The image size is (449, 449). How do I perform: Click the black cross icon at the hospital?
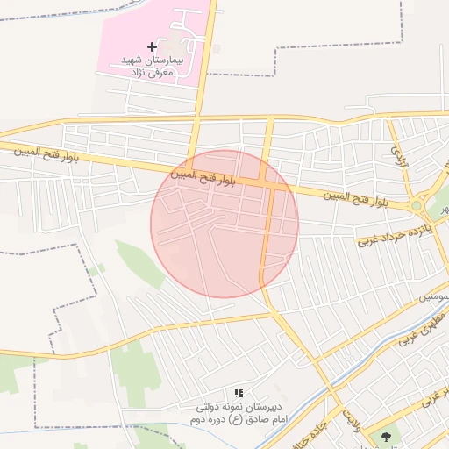[153, 46]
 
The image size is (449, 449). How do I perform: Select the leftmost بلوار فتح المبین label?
[46, 154]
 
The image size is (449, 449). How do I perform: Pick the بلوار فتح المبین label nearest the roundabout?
[360, 199]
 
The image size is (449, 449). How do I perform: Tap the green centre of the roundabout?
[417, 206]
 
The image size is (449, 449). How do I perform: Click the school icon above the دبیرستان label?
[239, 394]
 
